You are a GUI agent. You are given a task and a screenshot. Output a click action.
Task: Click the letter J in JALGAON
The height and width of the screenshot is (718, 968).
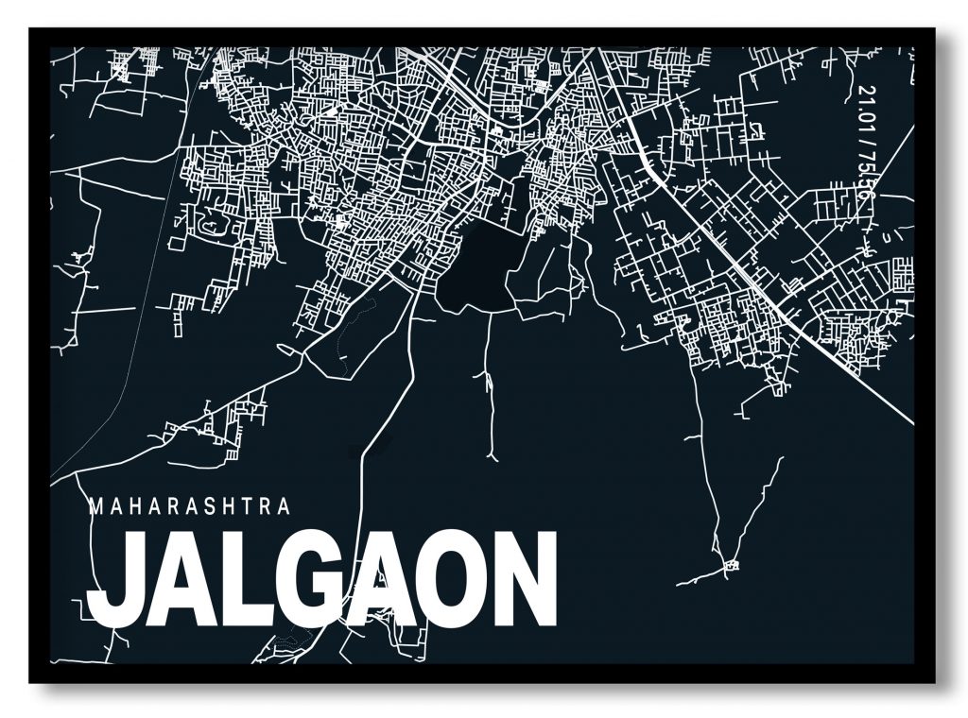point(115,578)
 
